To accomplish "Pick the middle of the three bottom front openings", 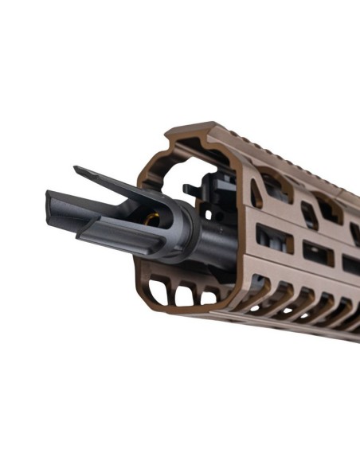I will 185,296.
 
